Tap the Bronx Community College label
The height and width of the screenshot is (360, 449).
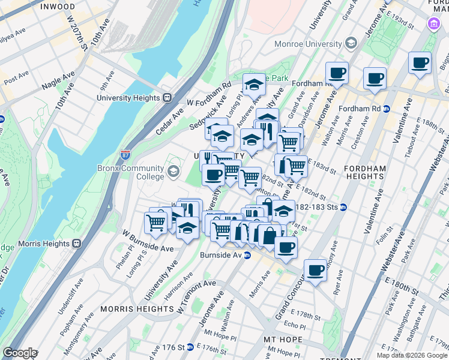130,172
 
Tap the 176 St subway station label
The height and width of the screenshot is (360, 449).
170,347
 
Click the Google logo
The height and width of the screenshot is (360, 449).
19,353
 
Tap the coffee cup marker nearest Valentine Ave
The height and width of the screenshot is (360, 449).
420,62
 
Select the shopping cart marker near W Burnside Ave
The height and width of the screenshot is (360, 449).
156,222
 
